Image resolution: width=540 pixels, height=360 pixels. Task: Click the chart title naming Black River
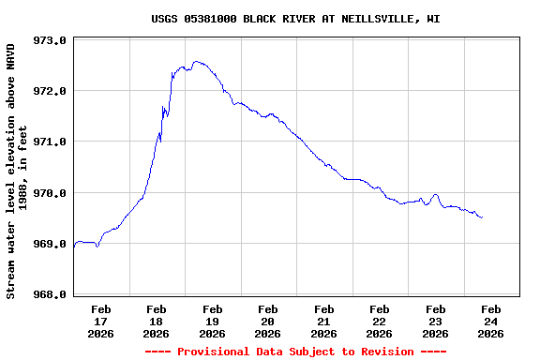pyautogui.click(x=295, y=19)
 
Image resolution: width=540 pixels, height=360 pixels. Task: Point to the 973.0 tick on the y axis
pyautogui.click(x=50, y=41)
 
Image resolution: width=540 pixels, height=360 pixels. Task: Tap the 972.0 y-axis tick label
pyautogui.click(x=50, y=92)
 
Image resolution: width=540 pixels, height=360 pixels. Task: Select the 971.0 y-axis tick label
pyautogui.click(x=50, y=142)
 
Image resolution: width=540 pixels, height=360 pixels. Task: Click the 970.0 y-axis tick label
pyautogui.click(x=50, y=193)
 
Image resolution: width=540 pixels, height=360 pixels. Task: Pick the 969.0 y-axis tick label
pyautogui.click(x=50, y=244)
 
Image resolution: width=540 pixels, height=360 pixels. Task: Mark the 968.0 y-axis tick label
pyautogui.click(x=50, y=294)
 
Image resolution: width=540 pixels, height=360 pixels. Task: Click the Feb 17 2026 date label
pyautogui.click(x=101, y=321)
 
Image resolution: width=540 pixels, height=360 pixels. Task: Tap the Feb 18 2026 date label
pyautogui.click(x=157, y=321)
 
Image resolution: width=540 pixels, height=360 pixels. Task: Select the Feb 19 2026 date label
pyautogui.click(x=213, y=321)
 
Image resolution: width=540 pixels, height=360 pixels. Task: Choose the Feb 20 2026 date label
pyautogui.click(x=268, y=321)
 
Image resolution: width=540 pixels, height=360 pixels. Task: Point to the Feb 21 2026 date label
pyautogui.click(x=324, y=321)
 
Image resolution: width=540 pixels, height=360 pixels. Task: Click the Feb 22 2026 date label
pyautogui.click(x=380, y=321)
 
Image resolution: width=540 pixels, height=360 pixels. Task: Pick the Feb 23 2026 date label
pyautogui.click(x=435, y=321)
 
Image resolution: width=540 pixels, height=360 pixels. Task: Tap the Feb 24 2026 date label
pyautogui.click(x=491, y=321)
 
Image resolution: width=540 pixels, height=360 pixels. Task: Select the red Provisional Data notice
pyautogui.click(x=295, y=352)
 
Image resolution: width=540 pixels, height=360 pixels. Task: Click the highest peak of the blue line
pyautogui.click(x=196, y=62)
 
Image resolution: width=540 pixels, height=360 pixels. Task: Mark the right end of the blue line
pyautogui.click(x=482, y=217)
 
